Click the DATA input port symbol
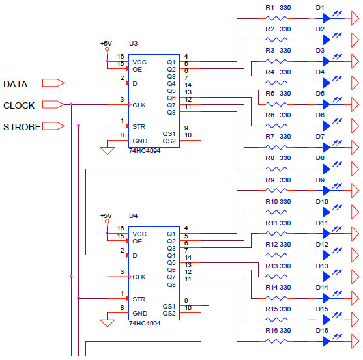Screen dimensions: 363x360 (x=53, y=83)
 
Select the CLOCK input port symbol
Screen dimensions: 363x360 (x=53, y=105)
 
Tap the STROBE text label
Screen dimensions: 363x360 (x=22, y=127)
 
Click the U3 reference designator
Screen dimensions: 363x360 (x=134, y=43)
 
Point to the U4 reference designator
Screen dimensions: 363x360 (x=134, y=215)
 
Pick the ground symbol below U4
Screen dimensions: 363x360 (x=107, y=323)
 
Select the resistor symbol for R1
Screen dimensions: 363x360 (x=276, y=18)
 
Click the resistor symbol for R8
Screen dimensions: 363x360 (x=276, y=169)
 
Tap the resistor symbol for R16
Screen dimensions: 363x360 (x=276, y=341)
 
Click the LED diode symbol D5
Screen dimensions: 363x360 (x=327, y=104)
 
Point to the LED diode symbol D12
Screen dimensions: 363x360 (x=327, y=255)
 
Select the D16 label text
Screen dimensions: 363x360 (x=322, y=331)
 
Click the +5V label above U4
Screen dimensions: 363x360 (x=106, y=215)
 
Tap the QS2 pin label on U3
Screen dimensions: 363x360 (x=169, y=141)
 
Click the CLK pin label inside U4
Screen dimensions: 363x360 (x=139, y=277)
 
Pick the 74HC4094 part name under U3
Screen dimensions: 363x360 (x=145, y=151)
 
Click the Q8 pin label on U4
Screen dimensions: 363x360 (x=171, y=284)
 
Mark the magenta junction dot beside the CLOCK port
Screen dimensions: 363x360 (x=71, y=104)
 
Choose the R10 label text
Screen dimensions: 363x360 (x=272, y=202)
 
